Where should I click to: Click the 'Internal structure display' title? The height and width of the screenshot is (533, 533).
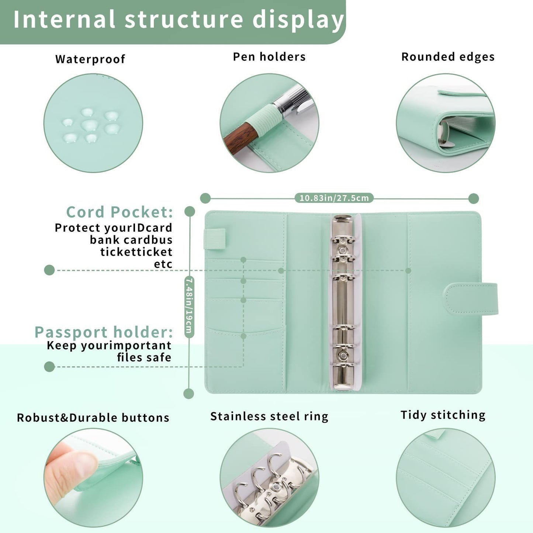point(179,20)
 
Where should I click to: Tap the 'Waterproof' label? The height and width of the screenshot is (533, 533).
point(90,59)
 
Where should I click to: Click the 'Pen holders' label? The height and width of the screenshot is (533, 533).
point(269,57)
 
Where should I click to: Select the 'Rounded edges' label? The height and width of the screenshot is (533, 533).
point(448,57)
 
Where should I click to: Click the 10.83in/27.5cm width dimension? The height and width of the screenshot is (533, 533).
point(334,198)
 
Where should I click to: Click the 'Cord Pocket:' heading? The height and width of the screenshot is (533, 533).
point(120,212)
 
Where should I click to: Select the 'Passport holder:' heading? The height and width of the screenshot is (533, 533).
point(104,332)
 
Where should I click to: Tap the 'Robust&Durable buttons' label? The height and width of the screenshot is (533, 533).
point(93,418)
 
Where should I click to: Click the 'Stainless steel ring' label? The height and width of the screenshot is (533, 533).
point(269,416)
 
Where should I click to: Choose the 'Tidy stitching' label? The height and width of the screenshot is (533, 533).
point(443,415)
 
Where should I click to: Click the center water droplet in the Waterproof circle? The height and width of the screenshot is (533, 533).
point(89,125)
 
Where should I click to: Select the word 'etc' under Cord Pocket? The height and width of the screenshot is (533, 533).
point(163,264)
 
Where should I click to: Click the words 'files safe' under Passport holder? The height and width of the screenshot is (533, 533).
point(144,357)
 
